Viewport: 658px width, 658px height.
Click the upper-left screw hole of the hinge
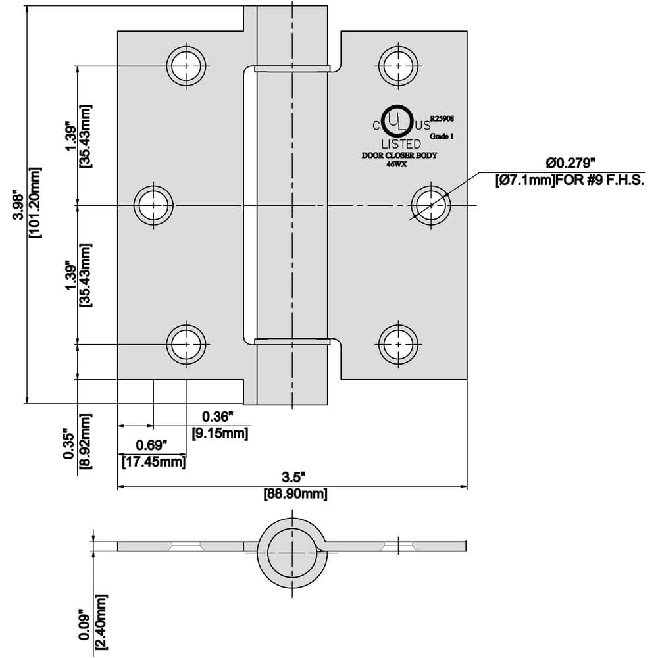(x=187, y=66)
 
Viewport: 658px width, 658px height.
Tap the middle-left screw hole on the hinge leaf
(x=155, y=205)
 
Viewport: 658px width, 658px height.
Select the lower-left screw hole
(x=186, y=343)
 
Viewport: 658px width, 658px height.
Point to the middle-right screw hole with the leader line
(x=431, y=205)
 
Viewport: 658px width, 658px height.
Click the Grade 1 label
(x=442, y=136)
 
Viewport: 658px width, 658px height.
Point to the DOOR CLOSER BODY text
(x=399, y=156)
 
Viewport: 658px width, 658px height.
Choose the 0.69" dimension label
(x=152, y=445)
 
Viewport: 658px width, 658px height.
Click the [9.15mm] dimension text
(x=220, y=434)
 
